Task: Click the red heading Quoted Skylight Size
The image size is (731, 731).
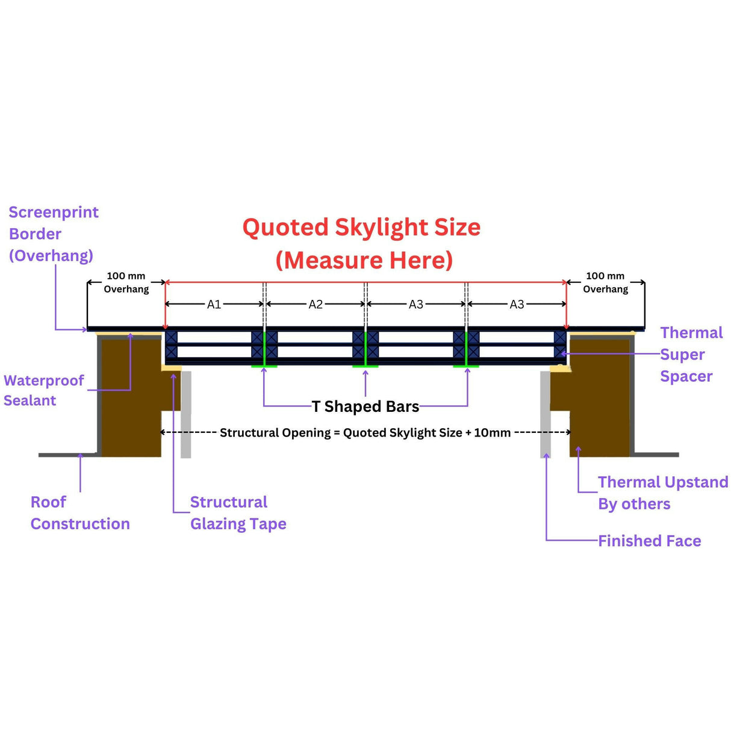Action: click(361, 228)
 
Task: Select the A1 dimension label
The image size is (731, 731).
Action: click(214, 305)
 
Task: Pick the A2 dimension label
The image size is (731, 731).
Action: click(316, 305)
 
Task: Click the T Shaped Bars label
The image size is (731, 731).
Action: click(365, 406)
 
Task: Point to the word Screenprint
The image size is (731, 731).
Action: click(54, 213)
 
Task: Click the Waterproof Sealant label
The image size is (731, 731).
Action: click(43, 390)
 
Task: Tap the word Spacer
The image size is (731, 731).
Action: click(686, 376)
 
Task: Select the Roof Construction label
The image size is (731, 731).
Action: click(79, 512)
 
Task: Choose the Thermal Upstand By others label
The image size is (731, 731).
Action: click(662, 493)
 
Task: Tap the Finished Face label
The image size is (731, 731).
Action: click(649, 541)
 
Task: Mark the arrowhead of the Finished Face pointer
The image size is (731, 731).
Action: click(546, 456)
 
